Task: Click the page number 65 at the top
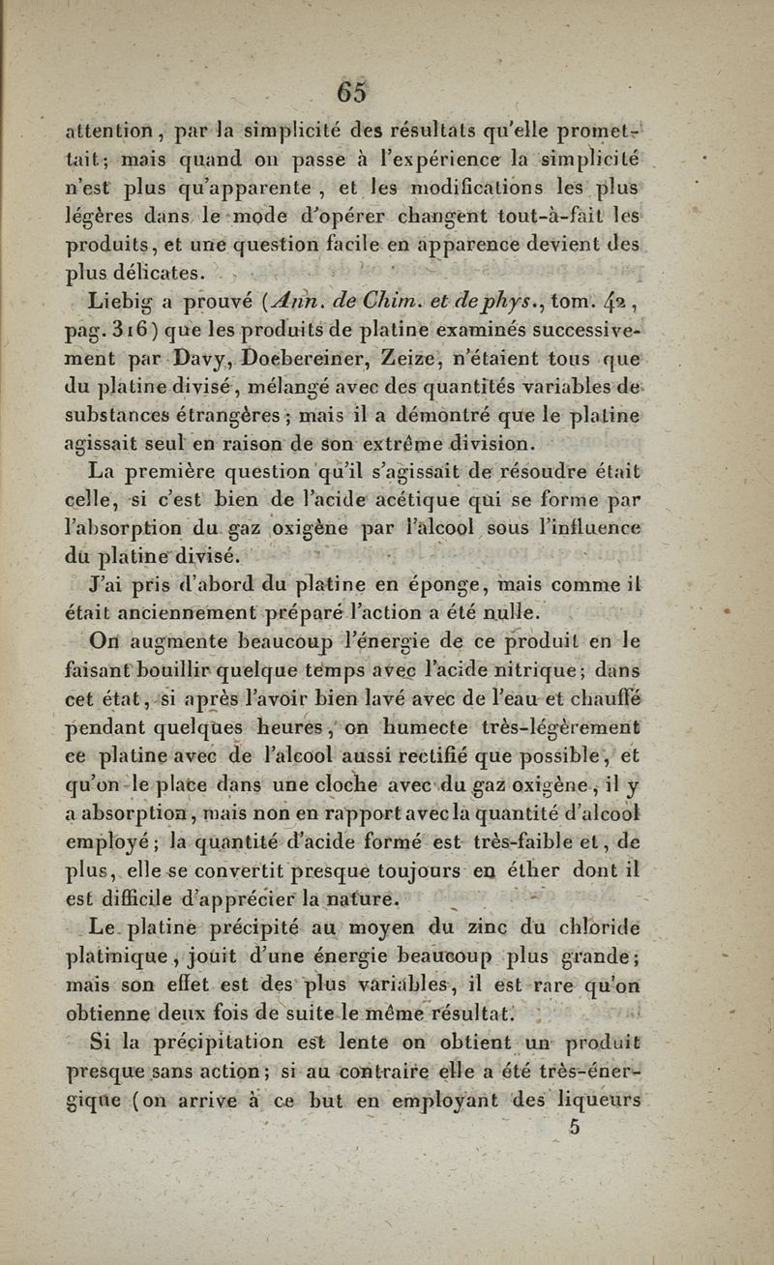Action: [351, 92]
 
